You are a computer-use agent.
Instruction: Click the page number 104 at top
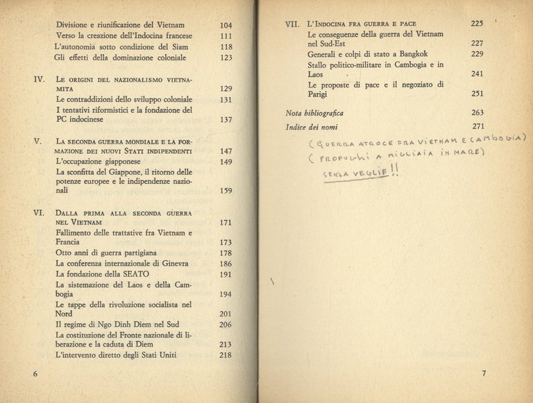224,25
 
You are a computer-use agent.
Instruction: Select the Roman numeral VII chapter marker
292,24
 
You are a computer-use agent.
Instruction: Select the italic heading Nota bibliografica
314,113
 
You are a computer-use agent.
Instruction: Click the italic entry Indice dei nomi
310,127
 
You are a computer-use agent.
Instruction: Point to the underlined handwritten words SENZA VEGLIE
355,173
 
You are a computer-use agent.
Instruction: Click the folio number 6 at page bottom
35,374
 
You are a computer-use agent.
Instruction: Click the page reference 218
224,356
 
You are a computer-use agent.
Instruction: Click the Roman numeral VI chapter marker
39,212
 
